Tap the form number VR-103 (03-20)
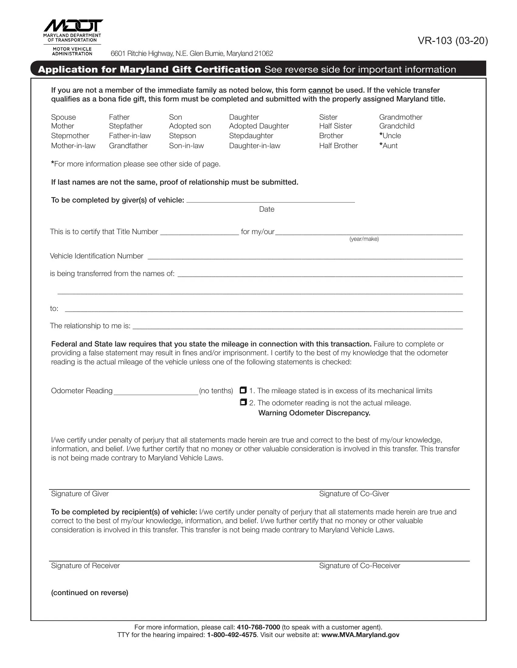pyautogui.click(x=453, y=41)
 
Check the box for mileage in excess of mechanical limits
pyautogui.click(x=243, y=390)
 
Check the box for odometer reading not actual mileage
pyautogui.click(x=243, y=402)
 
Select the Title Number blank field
pyautogui.click(x=200, y=233)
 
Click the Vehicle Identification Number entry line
pyautogui.click(x=305, y=257)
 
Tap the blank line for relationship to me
pyautogui.click(x=297, y=326)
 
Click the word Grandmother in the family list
pyautogui.click(x=401, y=117)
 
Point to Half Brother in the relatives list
pyautogui.click(x=338, y=145)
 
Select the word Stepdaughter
pyautogui.click(x=251, y=135)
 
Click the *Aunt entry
pyautogui.click(x=388, y=145)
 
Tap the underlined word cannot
pyautogui.click(x=320, y=90)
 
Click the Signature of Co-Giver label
pyautogui.click(x=354, y=494)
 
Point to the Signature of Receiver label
pyautogui.click(x=85, y=566)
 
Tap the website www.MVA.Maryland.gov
pyautogui.click(x=360, y=635)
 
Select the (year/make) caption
pyautogui.click(x=364, y=239)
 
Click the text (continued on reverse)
pyautogui.click(x=90, y=592)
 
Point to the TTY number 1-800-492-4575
pyautogui.click(x=232, y=635)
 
